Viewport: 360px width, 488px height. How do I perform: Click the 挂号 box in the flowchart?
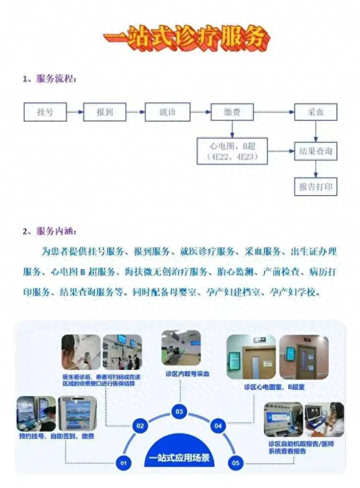pyautogui.click(x=45, y=112)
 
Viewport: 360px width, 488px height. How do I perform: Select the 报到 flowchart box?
pyautogui.click(x=105, y=112)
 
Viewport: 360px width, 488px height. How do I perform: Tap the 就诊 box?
pyautogui.click(x=168, y=112)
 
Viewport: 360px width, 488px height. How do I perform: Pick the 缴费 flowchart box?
pyautogui.click(x=232, y=112)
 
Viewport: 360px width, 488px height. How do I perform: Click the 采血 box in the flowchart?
pyautogui.click(x=315, y=112)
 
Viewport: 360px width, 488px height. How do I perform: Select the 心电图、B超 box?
pyautogui.click(x=232, y=151)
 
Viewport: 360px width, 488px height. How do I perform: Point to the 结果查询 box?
pyautogui.click(x=315, y=151)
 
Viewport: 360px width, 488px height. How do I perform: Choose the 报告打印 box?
pyautogui.click(x=315, y=186)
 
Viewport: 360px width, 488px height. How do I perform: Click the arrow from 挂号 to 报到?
pyautogui.click(x=75, y=112)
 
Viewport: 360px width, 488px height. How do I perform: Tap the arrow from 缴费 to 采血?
pyautogui.click(x=274, y=112)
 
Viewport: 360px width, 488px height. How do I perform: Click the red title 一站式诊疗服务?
pyautogui.click(x=186, y=37)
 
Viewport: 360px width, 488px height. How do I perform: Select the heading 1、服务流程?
pyautogui.click(x=49, y=79)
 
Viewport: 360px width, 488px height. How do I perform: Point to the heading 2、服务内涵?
pyautogui.click(x=49, y=232)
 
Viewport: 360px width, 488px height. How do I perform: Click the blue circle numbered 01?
pyautogui.click(x=124, y=463)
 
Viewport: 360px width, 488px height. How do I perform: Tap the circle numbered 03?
pyautogui.click(x=179, y=412)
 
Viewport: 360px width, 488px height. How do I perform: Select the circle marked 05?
pyautogui.click(x=235, y=463)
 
